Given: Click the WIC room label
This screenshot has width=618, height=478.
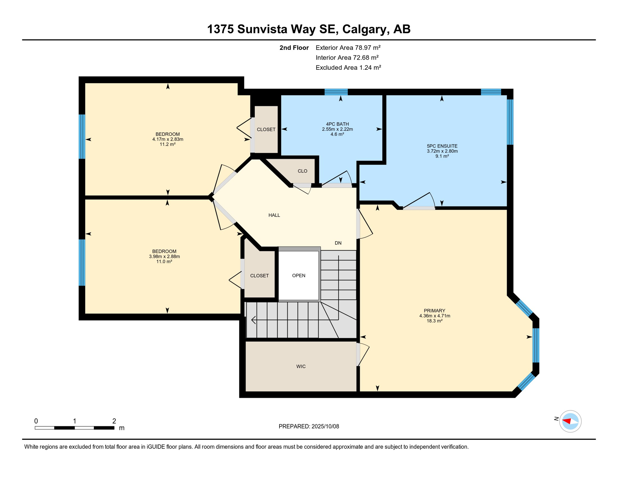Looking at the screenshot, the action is click(301, 366).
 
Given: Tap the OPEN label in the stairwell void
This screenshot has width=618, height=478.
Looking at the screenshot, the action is click(298, 275).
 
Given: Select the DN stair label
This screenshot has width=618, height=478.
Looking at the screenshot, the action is click(338, 243).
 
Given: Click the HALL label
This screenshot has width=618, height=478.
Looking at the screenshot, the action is click(274, 215).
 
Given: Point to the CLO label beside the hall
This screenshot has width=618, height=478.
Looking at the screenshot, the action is click(302, 171).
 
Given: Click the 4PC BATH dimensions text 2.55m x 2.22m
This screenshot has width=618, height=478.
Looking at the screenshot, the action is click(337, 129).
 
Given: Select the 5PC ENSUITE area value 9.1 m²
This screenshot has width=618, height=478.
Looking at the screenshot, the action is click(442, 156).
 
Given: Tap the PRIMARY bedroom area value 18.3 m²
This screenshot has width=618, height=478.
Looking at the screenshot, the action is click(434, 321).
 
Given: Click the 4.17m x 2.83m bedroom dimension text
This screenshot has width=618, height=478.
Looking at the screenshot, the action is click(168, 139).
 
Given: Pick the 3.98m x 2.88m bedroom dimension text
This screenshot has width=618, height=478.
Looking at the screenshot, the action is click(164, 256).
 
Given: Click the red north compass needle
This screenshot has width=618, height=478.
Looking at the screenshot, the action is click(567, 421).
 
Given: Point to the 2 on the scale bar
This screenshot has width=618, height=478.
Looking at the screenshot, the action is click(114, 421).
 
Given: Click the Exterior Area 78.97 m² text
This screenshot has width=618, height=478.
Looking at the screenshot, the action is click(348, 48).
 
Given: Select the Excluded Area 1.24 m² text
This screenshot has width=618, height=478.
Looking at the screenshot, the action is click(348, 68).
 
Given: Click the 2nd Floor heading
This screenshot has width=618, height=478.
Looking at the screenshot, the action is click(294, 48).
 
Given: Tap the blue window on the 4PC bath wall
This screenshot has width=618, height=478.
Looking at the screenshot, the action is click(336, 92).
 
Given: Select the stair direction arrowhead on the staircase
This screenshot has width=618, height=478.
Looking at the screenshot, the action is click(253, 320).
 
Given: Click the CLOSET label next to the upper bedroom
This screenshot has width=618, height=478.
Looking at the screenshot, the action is click(266, 129).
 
